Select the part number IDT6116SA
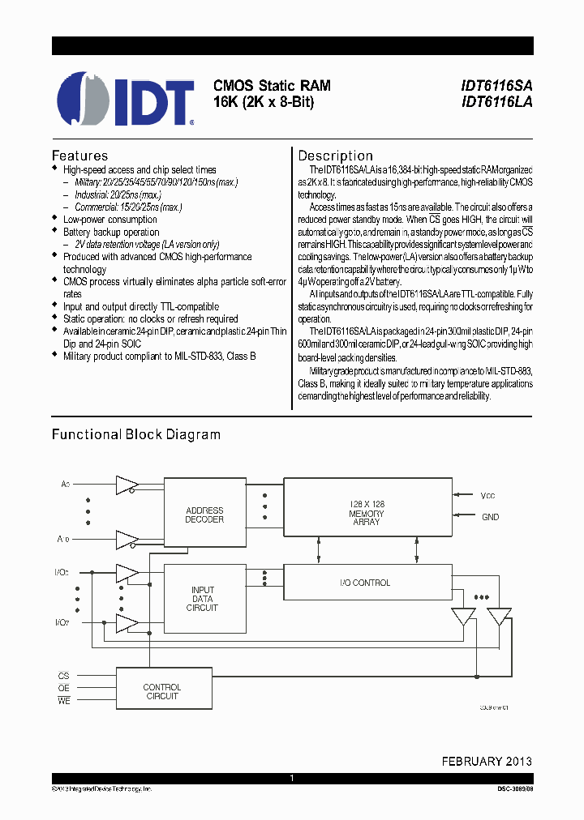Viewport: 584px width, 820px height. (x=496, y=85)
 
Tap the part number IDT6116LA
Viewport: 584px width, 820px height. (x=496, y=102)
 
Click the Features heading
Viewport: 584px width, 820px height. (x=79, y=156)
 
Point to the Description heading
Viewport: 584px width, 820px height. (x=335, y=156)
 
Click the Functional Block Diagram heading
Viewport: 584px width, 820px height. (x=136, y=434)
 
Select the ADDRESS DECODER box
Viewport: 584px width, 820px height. (x=204, y=515)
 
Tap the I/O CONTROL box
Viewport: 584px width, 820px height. (x=367, y=583)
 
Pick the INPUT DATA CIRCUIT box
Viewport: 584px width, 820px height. (x=204, y=599)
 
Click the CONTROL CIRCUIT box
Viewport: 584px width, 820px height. (x=162, y=691)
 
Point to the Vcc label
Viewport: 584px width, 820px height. (x=488, y=495)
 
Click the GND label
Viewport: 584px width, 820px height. (x=490, y=517)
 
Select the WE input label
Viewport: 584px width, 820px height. (x=64, y=702)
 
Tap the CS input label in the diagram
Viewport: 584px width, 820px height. (x=64, y=676)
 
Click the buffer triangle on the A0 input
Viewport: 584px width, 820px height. (x=126, y=485)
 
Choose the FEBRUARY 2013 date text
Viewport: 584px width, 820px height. (x=487, y=761)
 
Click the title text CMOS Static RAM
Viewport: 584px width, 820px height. (x=272, y=85)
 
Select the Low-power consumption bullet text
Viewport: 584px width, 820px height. (x=110, y=220)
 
